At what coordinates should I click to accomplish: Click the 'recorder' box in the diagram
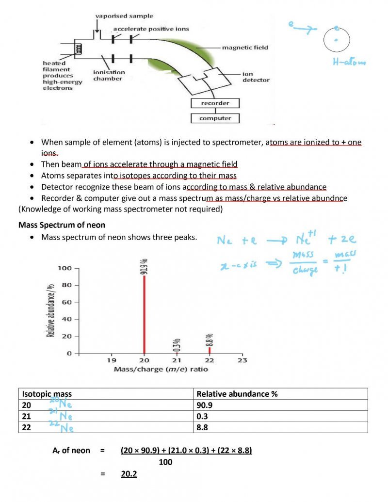pos(215,103)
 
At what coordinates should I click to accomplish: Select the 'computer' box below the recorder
pos(215,118)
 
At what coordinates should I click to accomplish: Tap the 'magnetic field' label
pos(245,48)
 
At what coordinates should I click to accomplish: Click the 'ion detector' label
pos(256,77)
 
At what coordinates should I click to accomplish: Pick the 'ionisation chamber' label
pos(109,75)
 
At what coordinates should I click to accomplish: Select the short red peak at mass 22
pos(210,350)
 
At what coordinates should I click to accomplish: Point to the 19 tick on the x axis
pos(111,360)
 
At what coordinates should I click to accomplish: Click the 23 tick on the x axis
pos(242,360)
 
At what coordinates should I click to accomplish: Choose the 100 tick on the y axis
pos(65,268)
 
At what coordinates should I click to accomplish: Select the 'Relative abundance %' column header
pos(237,394)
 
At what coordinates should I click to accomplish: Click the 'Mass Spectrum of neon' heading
pos(62,225)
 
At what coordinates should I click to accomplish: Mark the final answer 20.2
pos(129,474)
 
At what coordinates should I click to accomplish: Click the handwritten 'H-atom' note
pos(349,62)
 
